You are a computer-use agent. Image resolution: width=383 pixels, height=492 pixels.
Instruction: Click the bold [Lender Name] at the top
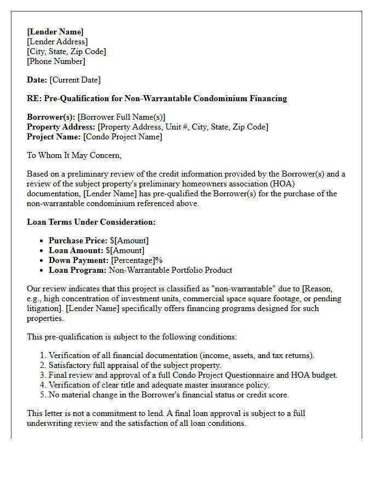55,32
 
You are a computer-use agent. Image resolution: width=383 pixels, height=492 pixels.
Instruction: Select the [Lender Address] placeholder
57,42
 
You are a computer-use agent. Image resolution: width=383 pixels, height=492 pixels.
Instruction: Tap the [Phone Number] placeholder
56,61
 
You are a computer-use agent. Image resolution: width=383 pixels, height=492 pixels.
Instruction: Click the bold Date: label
37,80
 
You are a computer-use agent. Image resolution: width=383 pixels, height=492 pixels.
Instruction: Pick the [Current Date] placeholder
75,80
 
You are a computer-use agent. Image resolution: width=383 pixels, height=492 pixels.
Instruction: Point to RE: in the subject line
34,98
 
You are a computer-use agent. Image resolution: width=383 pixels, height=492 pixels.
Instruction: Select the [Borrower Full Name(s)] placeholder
121,117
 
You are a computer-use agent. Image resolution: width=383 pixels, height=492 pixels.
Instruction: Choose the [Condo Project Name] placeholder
123,137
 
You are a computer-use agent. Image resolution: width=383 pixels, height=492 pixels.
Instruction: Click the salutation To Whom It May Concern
74,155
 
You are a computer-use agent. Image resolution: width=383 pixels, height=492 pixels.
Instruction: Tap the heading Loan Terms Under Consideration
91,222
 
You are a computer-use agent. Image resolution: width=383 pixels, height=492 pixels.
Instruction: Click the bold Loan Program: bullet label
78,270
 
